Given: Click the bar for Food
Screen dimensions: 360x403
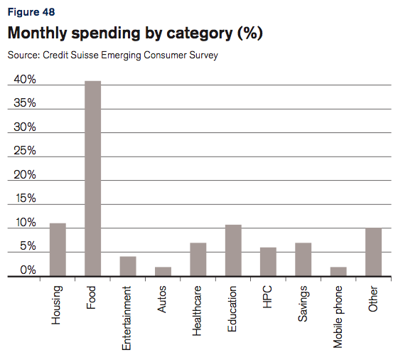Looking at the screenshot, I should (x=92, y=179).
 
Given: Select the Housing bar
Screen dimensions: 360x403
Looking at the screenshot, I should (x=58, y=250).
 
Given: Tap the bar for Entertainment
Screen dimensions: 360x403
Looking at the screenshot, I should (x=128, y=266).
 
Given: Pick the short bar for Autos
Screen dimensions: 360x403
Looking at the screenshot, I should (x=163, y=271).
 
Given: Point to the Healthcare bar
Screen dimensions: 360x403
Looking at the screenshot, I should (x=198, y=260).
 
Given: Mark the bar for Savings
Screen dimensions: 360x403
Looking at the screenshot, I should (x=303, y=260).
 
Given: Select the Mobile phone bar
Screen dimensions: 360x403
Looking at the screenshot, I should (x=338, y=271).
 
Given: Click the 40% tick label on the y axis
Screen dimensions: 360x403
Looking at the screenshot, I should (x=25, y=80).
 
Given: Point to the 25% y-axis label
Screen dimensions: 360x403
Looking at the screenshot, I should (x=25, y=151).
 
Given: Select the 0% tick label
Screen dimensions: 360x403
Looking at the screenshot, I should (x=28, y=270).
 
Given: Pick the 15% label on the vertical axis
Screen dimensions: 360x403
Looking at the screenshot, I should (x=25, y=198).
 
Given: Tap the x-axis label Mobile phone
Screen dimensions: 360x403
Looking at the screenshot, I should (x=338, y=317).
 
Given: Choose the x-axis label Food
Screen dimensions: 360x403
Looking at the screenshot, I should (x=92, y=297).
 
